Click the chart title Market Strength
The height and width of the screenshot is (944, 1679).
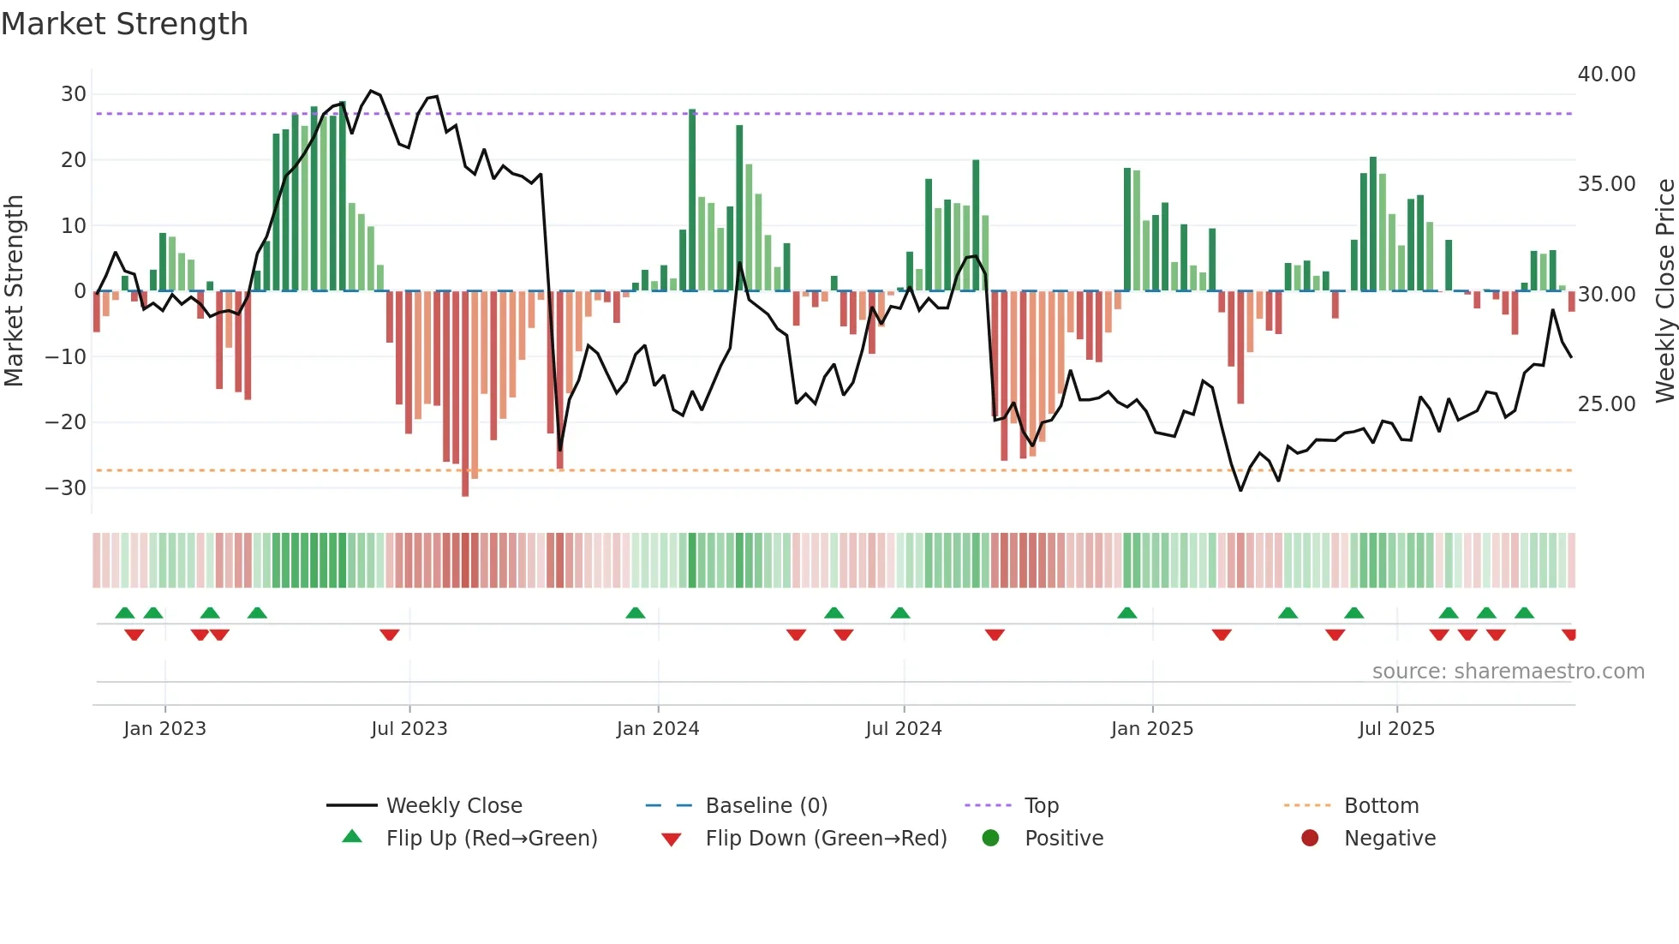click(x=124, y=24)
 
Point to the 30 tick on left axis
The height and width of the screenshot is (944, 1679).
click(x=74, y=94)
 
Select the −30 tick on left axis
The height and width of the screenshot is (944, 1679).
click(x=67, y=488)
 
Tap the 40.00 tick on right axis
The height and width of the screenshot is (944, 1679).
click(x=1606, y=75)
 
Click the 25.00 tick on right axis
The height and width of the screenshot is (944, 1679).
click(x=1606, y=403)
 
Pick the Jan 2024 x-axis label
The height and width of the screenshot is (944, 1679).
click(x=657, y=729)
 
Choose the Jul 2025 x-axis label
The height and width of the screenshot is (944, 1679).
click(x=1395, y=729)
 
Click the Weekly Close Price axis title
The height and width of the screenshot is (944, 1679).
click(x=1664, y=290)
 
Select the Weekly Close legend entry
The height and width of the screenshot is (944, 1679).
click(x=453, y=806)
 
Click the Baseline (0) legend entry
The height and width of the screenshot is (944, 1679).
click(x=766, y=806)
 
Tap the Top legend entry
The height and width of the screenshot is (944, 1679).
click(x=1041, y=806)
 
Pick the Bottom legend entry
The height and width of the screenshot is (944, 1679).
click(x=1381, y=806)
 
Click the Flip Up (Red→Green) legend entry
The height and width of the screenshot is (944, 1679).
click(x=491, y=839)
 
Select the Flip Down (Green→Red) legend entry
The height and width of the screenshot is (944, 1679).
click(x=826, y=839)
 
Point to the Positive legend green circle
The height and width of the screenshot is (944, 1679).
click(x=991, y=838)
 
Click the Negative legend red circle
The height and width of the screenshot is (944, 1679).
click(x=1310, y=838)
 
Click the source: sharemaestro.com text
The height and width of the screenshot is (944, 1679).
click(x=1508, y=672)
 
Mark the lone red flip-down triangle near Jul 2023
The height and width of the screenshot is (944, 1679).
click(x=390, y=635)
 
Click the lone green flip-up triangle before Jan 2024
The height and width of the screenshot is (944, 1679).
click(x=635, y=612)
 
